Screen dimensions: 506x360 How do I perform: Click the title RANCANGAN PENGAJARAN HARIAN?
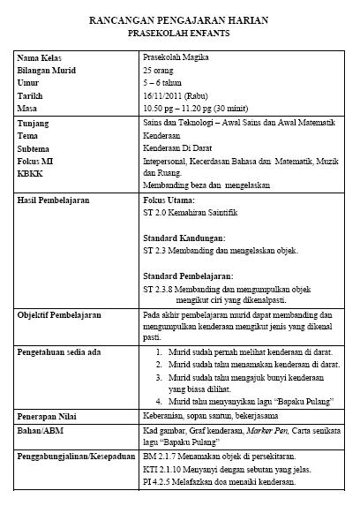180,19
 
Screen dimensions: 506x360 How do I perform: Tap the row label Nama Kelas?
37,58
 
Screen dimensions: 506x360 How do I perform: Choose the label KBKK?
31,174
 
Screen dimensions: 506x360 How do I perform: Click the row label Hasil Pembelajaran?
55,201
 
